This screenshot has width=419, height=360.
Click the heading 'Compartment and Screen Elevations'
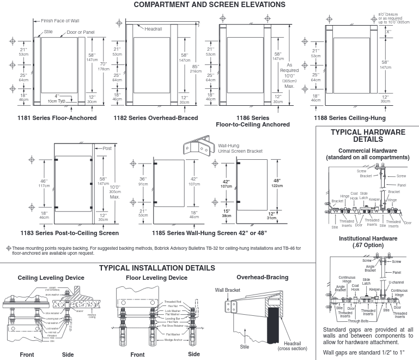[209, 5]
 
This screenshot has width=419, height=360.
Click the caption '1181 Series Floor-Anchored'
[57, 118]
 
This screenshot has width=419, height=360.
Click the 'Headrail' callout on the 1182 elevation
[154, 28]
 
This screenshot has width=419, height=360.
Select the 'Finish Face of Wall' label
[59, 21]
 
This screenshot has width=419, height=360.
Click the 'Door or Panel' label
[80, 32]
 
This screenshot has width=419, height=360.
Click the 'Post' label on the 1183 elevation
[107, 148]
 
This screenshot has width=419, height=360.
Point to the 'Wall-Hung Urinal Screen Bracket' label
[240, 148]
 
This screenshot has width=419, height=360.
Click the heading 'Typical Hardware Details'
[368, 136]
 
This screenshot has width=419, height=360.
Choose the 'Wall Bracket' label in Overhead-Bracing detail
[227, 290]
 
